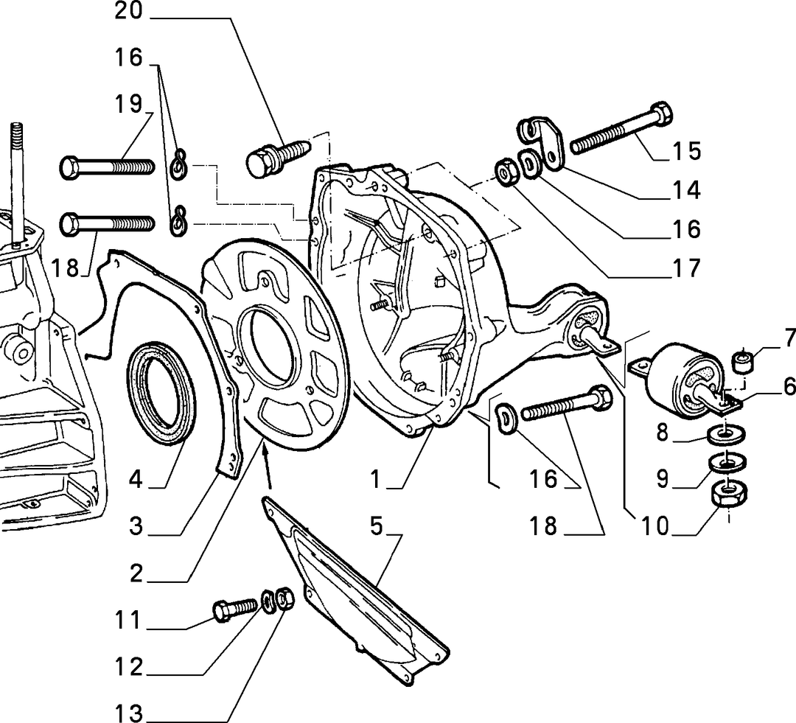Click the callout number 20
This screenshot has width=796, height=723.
[x=129, y=10]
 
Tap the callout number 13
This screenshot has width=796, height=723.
[x=129, y=713]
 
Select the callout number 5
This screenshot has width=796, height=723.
[x=376, y=526]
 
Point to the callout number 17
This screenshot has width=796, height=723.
[x=686, y=268]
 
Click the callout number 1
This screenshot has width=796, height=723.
[x=375, y=479]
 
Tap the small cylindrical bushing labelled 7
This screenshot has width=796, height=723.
[x=742, y=360]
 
